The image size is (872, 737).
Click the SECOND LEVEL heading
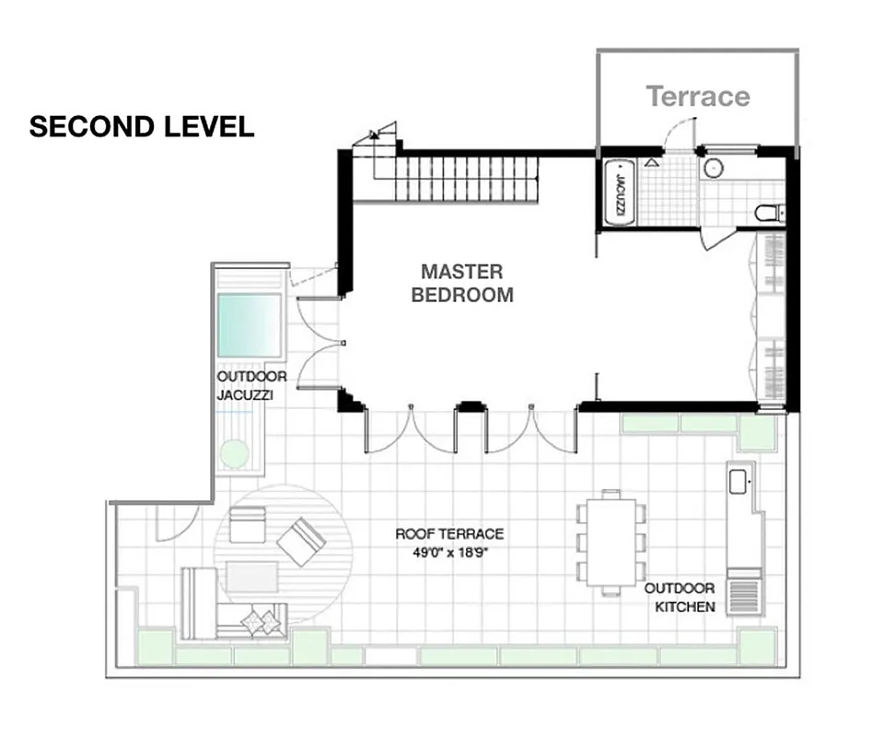coord(142,127)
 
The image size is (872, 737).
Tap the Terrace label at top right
coord(697,96)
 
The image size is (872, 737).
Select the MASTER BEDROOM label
coord(461,284)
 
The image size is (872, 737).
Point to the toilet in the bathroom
coord(768,214)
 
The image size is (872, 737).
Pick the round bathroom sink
coord(714,169)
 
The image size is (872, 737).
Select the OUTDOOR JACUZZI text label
coord(251,386)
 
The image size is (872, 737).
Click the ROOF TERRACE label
coord(449,533)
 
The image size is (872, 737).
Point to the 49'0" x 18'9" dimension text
coord(449,553)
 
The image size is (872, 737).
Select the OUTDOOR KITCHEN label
coord(680,597)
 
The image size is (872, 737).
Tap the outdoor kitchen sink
coord(738,481)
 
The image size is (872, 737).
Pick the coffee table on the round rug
coord(251,577)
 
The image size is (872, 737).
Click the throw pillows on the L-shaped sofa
coord(261,622)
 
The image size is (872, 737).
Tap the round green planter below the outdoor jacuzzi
coord(236,454)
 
